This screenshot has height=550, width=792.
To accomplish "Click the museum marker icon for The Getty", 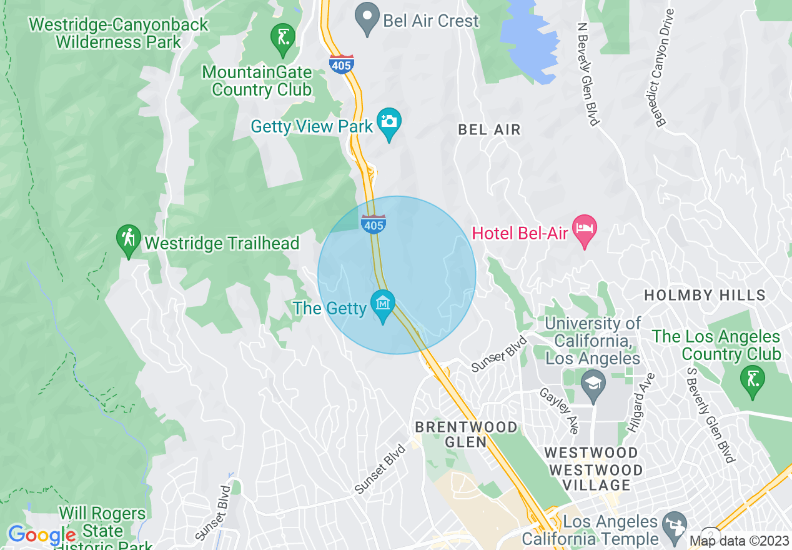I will click(383, 304).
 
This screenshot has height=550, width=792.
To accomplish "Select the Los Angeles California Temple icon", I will click(673, 526).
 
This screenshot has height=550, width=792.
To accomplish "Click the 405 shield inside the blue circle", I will click(373, 224).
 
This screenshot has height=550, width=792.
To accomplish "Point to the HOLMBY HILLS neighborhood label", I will click(705, 295).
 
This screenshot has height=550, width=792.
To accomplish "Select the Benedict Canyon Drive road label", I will click(665, 68).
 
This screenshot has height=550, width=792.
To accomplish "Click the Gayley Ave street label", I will click(560, 409).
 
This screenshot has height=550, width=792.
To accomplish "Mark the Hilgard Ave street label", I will click(641, 403).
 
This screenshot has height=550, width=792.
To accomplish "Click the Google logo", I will click(41, 536).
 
